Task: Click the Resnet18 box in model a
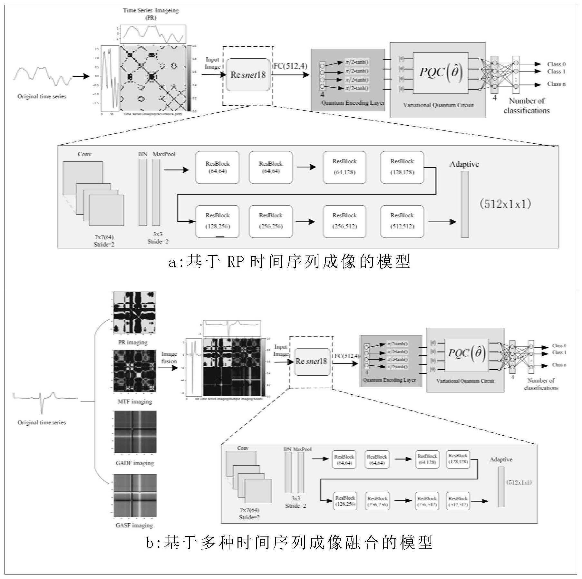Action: pos(248,75)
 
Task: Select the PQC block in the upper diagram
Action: pos(441,73)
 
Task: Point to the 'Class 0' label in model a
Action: pos(557,64)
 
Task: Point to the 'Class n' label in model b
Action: pos(559,365)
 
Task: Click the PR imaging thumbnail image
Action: pos(134,313)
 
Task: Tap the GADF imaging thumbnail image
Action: pos(134,431)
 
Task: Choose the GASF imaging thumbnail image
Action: pos(134,495)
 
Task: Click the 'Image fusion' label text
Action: pos(169,358)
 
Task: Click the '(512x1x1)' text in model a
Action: pos(505,204)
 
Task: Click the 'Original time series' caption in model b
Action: pos(42,422)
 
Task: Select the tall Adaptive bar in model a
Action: pos(465,204)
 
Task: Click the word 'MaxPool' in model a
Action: pos(164,154)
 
